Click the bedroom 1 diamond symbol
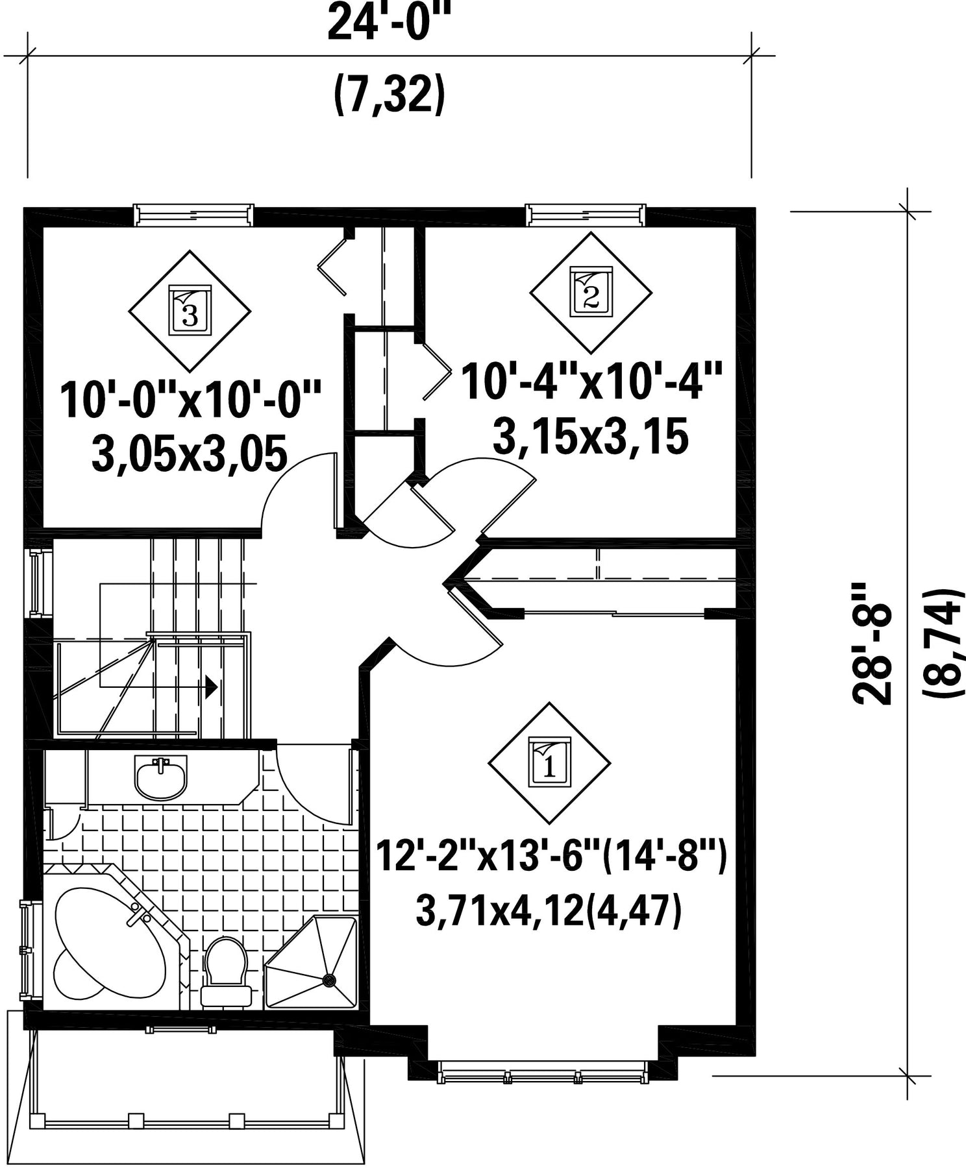[x=549, y=762]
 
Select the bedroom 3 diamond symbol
[x=189, y=311]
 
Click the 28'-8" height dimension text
[x=871, y=643]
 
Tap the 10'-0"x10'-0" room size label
[x=192, y=400]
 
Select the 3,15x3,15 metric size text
[x=590, y=436]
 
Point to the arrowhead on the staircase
[x=211, y=686]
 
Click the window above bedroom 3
[x=193, y=215]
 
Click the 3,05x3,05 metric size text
[x=190, y=454]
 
